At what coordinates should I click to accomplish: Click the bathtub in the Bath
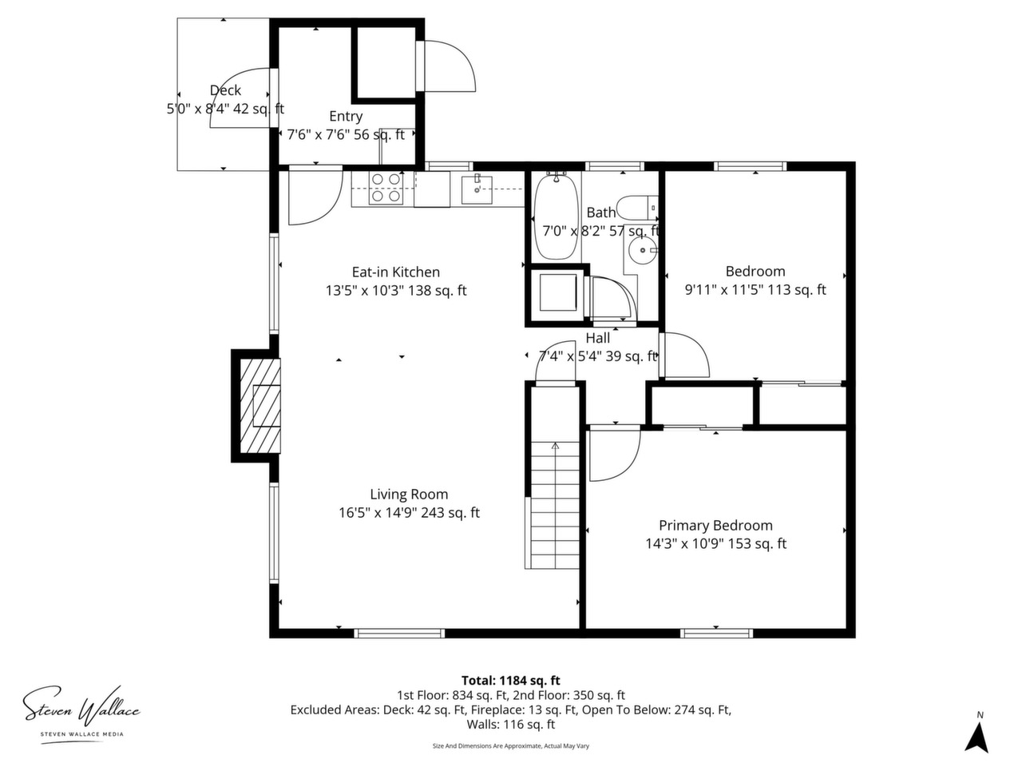coord(556,217)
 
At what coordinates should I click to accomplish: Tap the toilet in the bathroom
coord(637,208)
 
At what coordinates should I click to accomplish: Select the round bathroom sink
coord(642,251)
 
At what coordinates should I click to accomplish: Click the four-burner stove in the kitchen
coord(386,188)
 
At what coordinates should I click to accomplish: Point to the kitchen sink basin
coord(477,190)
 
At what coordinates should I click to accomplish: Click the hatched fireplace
coord(259,405)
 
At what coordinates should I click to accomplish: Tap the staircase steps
coord(554,505)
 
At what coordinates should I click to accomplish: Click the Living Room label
coord(409,494)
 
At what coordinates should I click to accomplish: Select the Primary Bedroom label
coord(715,525)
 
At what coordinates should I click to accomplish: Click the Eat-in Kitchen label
coord(396,272)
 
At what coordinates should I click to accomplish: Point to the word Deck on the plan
coord(225,89)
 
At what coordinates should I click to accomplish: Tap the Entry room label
coord(346,116)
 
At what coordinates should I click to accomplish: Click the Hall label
coord(598,338)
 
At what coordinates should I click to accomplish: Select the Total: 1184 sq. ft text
coord(511,681)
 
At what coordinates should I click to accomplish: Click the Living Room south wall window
coord(399,633)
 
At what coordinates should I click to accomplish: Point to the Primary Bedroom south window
coord(716,633)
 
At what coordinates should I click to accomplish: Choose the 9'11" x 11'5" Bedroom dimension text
coord(755,290)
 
